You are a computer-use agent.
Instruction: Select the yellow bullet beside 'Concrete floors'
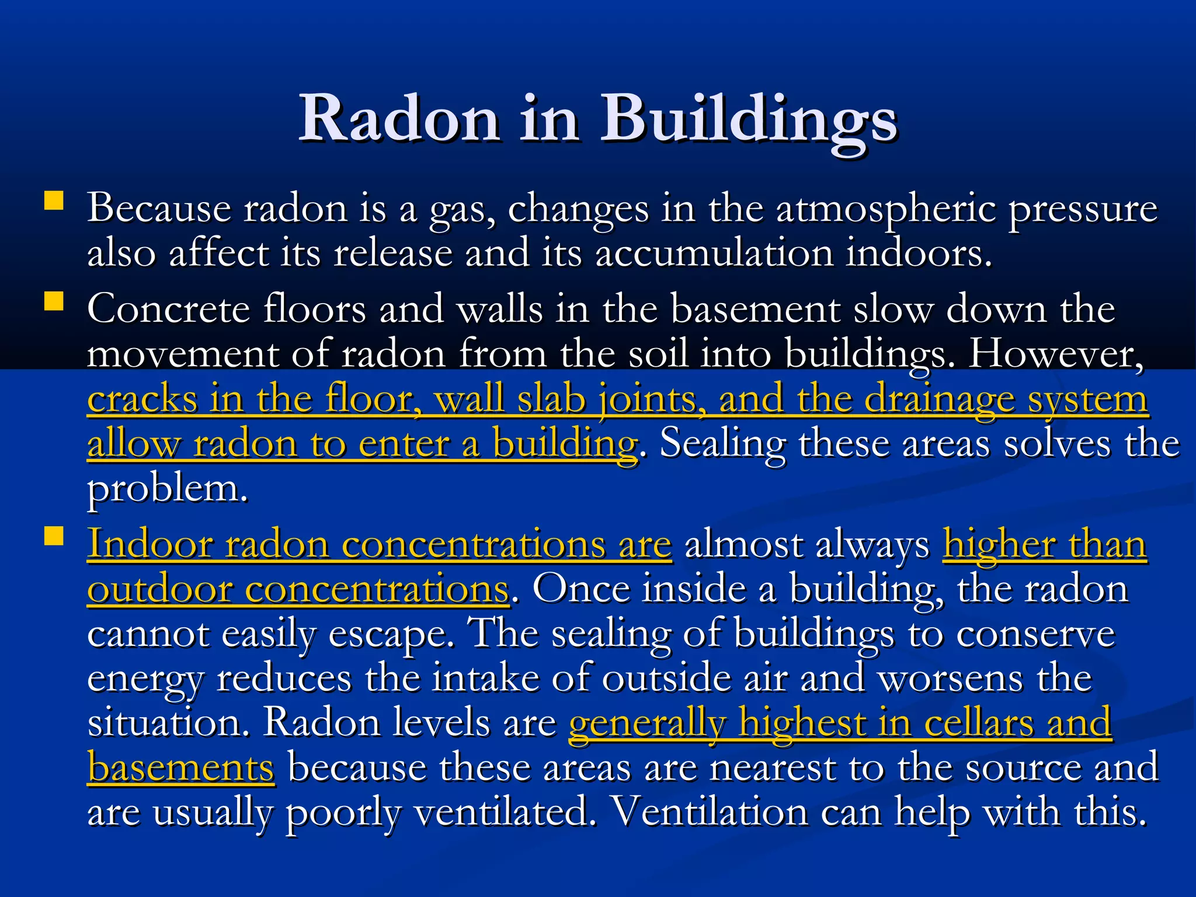(x=54, y=301)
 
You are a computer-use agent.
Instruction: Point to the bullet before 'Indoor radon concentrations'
(x=54, y=536)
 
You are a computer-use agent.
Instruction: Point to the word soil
(x=658, y=354)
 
